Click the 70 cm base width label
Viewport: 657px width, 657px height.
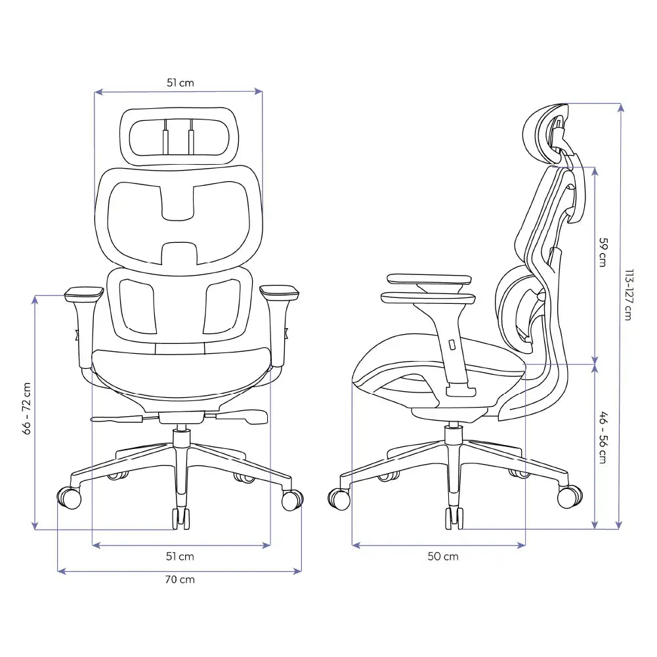pyautogui.click(x=180, y=580)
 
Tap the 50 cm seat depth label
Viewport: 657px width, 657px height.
pyautogui.click(x=443, y=557)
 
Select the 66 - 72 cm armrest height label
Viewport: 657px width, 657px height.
pyautogui.click(x=27, y=408)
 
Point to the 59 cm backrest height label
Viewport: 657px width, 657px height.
pyautogui.click(x=603, y=252)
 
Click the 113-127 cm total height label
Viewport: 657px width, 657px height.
pyautogui.click(x=628, y=295)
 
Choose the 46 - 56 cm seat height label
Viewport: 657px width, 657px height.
pyautogui.click(x=603, y=437)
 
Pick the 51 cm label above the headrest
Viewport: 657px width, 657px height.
pyautogui.click(x=180, y=83)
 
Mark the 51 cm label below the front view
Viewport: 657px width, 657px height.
pyautogui.click(x=180, y=557)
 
